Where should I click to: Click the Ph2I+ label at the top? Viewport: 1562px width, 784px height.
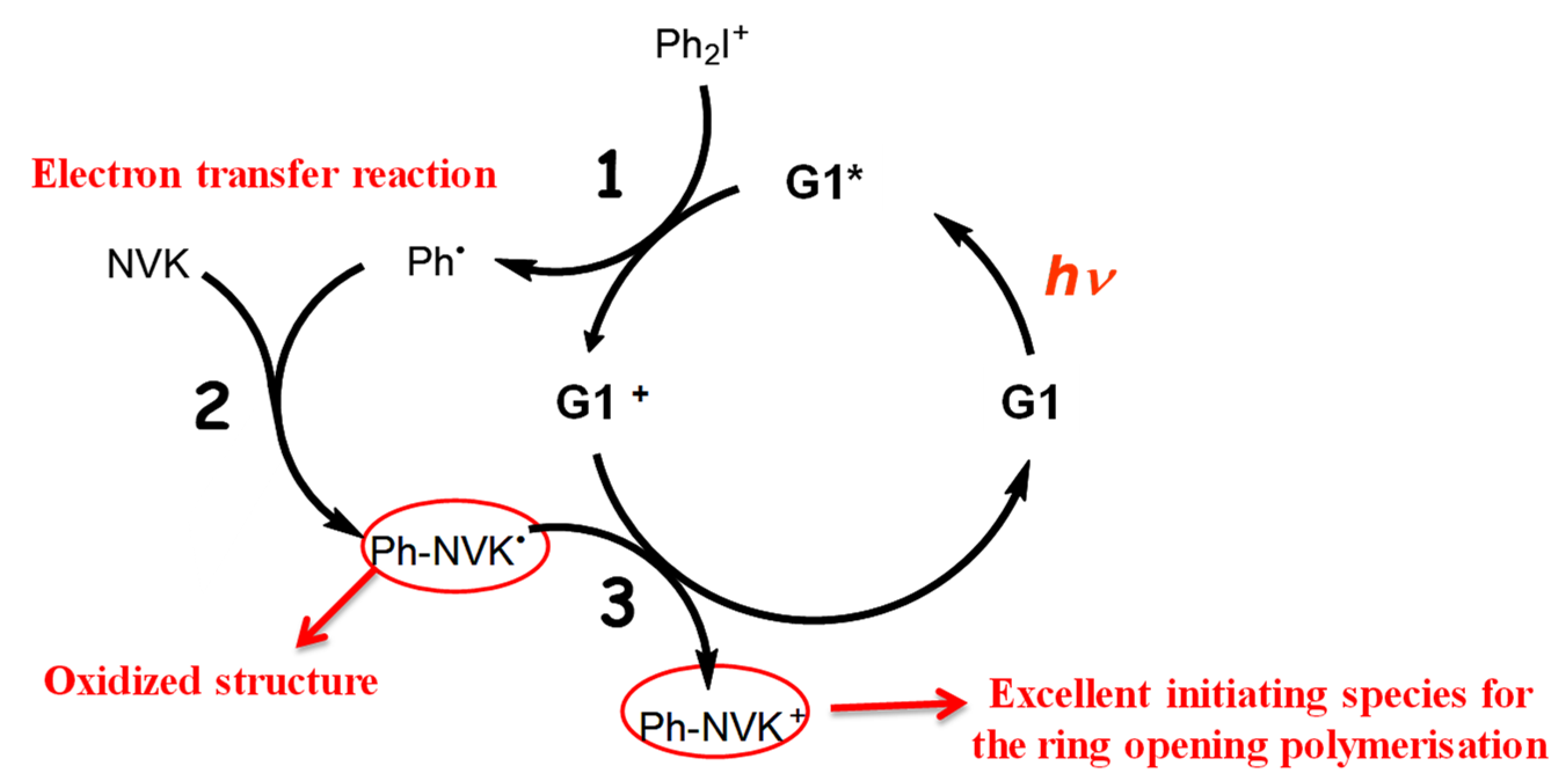tap(701, 45)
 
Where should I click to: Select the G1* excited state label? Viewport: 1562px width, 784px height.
tap(823, 181)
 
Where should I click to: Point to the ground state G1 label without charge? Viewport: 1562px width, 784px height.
tap(1029, 402)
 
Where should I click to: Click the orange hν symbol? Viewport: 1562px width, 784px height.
tap(1080, 276)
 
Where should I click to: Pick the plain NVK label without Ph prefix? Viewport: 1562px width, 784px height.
tap(148, 264)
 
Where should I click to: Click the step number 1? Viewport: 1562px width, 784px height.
tap(609, 175)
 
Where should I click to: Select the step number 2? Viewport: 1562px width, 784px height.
tap(212, 406)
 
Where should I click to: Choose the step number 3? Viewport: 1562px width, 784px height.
tap(617, 603)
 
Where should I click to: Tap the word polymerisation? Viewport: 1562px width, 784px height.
tap(1414, 745)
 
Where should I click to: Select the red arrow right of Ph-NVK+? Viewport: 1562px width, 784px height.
tap(897, 706)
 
